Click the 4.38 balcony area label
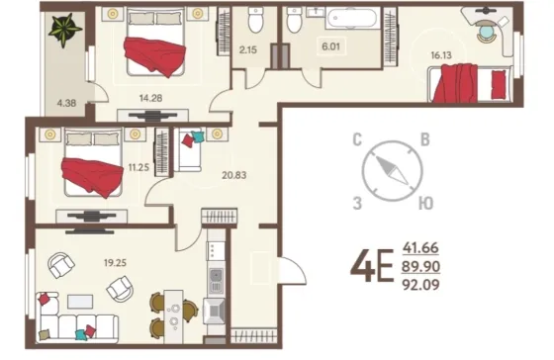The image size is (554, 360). pos(66,103)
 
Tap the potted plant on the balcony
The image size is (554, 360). pos(65,30)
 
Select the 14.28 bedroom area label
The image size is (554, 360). pos(150,98)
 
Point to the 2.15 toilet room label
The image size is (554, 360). pos(247,49)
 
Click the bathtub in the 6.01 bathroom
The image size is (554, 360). pos(351,18)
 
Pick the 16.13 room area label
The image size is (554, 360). pos(441,55)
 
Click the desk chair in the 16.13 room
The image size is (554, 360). pos(487,31)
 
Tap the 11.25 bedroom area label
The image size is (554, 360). pos(138,168)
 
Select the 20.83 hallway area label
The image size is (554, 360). pos(233,175)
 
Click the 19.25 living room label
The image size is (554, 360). pos(115,263)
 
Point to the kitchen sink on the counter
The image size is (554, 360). pos(217,281)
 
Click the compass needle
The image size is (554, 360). pos(392,171)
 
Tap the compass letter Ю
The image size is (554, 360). pos(426,204)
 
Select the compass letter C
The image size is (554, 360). pos(357,139)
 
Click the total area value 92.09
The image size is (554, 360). pos(420,285)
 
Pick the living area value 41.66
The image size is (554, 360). pos(420,247)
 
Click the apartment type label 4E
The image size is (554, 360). pos(372,266)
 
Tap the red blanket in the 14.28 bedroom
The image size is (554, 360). pos(154,56)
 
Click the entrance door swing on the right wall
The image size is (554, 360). pos(293,270)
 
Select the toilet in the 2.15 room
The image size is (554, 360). pos(255,20)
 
